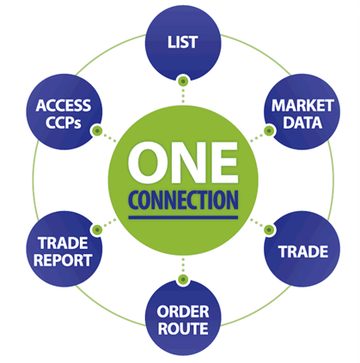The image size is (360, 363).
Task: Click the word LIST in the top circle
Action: (182, 42)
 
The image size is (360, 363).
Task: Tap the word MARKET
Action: (302, 106)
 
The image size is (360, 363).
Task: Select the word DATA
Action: (302, 123)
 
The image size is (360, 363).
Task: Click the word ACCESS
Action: (64, 106)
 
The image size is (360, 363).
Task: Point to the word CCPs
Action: (64, 123)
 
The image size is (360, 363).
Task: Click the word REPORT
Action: (63, 260)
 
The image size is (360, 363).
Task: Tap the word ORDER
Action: (183, 312)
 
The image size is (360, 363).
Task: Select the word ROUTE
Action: (183, 329)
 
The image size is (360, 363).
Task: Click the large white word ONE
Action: (183, 163)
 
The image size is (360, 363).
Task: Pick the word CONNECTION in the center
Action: (183, 200)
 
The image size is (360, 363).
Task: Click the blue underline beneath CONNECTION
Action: (183, 217)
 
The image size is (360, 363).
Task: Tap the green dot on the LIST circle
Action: (183, 82)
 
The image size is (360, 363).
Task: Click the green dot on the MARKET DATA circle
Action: (269, 131)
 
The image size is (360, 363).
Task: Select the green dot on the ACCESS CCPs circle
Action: (97, 131)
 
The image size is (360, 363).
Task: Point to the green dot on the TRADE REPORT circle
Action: (97, 229)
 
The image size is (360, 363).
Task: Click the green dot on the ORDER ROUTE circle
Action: (183, 279)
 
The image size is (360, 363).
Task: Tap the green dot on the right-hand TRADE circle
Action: (269, 229)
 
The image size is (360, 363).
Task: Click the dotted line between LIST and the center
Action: (183, 95)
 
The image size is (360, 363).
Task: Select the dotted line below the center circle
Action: (183, 265)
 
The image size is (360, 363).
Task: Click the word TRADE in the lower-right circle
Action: (303, 251)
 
